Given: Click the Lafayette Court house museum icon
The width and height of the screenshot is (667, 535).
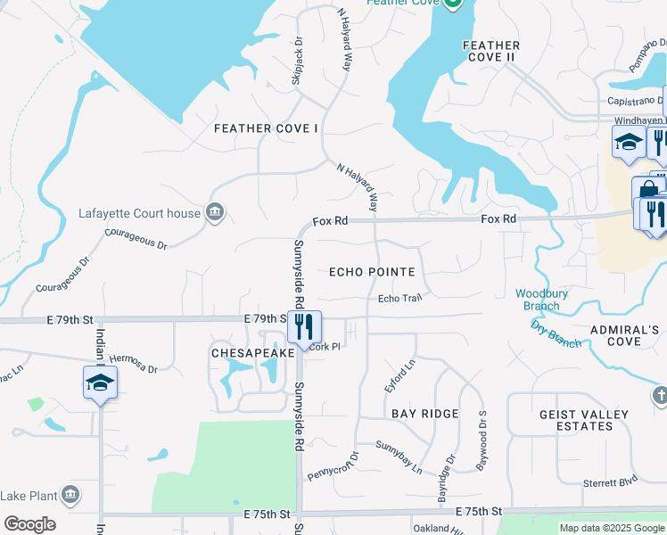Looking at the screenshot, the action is click(x=215, y=212).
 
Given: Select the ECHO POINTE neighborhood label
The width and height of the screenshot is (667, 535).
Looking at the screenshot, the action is click(x=372, y=272).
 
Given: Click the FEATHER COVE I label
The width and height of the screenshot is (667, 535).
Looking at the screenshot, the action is click(x=266, y=128).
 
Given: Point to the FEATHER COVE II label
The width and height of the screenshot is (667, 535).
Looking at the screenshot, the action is click(x=490, y=51).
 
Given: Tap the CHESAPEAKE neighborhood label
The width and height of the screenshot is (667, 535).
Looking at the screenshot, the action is click(x=252, y=354).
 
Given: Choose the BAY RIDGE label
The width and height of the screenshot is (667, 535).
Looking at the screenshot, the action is click(x=424, y=414).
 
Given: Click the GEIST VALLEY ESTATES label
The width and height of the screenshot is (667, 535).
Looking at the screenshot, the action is click(x=583, y=420).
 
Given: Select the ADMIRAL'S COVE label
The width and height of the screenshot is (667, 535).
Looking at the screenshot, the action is click(x=628, y=335).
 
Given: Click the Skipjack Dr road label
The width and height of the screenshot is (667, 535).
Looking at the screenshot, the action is click(x=297, y=62).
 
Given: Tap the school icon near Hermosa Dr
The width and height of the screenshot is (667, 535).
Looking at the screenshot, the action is click(x=100, y=382).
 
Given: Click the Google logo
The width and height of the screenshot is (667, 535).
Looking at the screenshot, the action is click(x=29, y=524).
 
